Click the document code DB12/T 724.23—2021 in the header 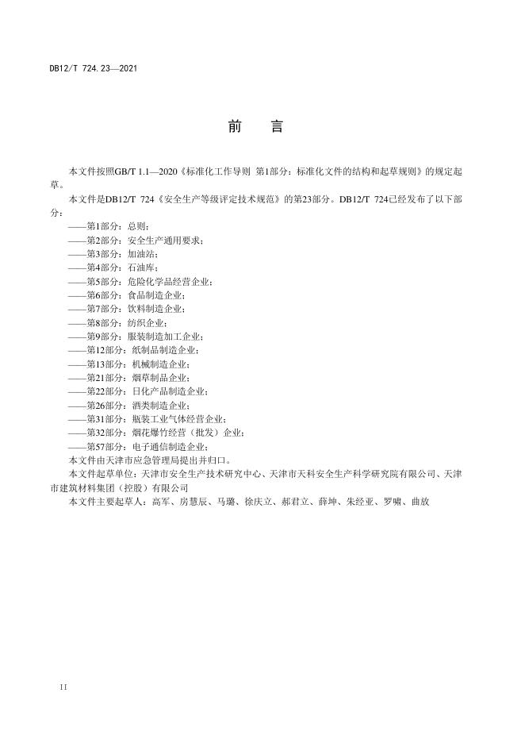[94, 69]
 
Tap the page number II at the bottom [64, 685]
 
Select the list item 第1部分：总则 [113, 225]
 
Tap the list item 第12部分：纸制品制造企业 [136, 349]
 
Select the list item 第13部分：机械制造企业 [131, 364]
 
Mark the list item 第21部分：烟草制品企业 [131, 377]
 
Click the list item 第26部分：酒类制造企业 [131, 405]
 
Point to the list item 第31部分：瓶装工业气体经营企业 [150, 418]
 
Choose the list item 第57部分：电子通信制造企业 [140, 446]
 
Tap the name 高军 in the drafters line [159, 502]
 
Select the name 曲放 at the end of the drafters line [420, 502]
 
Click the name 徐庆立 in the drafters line [255, 502]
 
